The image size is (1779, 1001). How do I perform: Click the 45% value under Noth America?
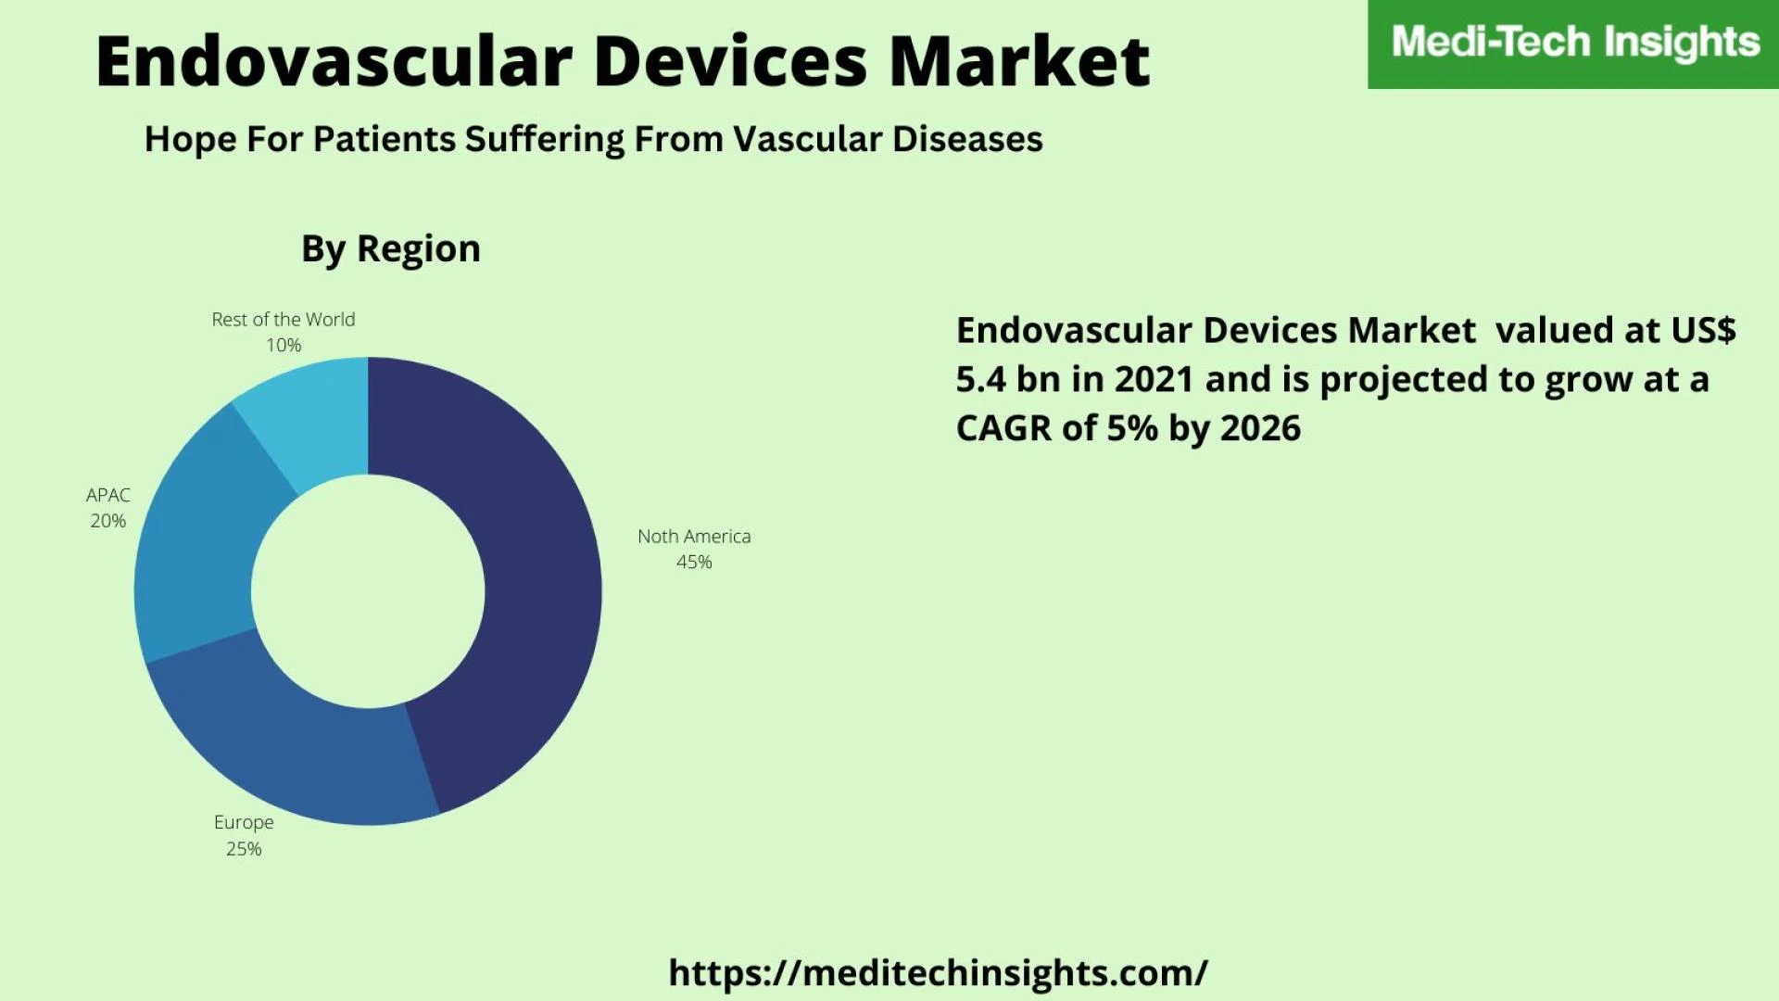(694, 562)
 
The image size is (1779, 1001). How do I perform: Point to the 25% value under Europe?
(244, 849)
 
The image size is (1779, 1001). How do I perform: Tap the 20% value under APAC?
(108, 521)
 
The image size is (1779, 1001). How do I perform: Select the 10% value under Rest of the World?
(284, 345)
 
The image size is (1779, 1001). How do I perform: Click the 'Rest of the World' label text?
(284, 319)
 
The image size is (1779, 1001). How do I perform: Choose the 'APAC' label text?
(108, 495)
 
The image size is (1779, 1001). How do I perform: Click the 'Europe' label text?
(244, 823)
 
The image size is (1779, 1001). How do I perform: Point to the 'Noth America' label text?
(694, 536)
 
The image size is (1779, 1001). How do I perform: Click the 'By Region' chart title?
(391, 249)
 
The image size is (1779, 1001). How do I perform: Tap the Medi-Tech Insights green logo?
(1573, 44)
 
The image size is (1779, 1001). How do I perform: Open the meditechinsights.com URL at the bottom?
(938, 973)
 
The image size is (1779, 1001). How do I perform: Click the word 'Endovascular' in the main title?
(334, 61)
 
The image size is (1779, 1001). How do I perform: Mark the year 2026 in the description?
(1260, 428)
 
